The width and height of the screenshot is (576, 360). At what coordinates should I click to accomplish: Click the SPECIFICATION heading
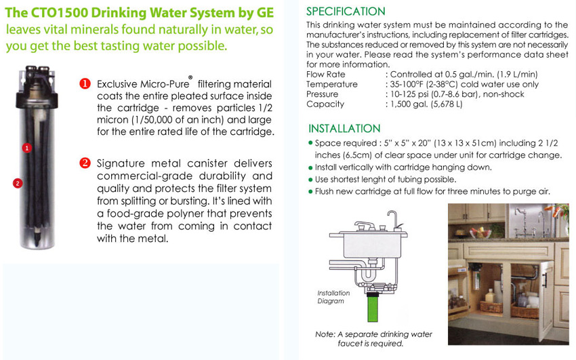pyautogui.click(x=346, y=12)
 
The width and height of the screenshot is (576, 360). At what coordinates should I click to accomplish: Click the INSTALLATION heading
pyautogui.click(x=344, y=129)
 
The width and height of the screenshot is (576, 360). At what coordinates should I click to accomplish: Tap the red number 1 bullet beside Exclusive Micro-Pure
pyautogui.click(x=85, y=84)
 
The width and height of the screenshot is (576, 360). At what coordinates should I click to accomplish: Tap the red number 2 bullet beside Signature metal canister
pyautogui.click(x=85, y=163)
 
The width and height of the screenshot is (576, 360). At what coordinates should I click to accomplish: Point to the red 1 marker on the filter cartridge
pyautogui.click(x=26, y=147)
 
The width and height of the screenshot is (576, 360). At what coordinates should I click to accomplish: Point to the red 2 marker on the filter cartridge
pyautogui.click(x=18, y=182)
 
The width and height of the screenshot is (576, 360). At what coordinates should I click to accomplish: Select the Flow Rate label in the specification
pyautogui.click(x=326, y=75)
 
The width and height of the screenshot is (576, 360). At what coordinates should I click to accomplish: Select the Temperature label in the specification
pyautogui.click(x=332, y=84)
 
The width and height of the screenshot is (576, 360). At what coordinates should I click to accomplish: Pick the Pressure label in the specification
pyautogui.click(x=322, y=94)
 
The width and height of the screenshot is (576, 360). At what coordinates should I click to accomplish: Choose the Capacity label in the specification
pyautogui.click(x=325, y=104)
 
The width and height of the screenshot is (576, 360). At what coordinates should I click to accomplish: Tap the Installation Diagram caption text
pyautogui.click(x=333, y=297)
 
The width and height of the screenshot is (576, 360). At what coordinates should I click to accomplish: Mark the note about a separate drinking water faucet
pyautogui.click(x=373, y=339)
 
